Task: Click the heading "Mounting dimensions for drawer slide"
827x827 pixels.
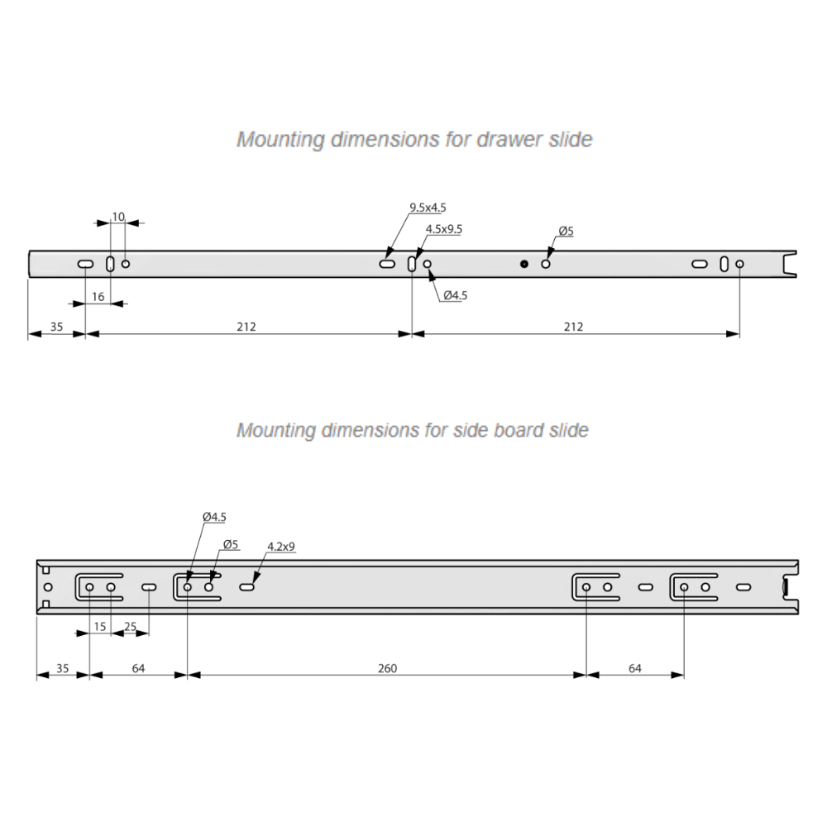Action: [x=414, y=139]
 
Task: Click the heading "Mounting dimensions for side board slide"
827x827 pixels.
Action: [x=412, y=431]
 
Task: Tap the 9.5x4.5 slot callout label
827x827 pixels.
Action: [x=433, y=208]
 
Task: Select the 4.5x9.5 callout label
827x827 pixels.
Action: [x=443, y=229]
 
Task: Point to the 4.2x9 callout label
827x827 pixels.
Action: [x=282, y=547]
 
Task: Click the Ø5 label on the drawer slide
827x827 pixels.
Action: [x=566, y=231]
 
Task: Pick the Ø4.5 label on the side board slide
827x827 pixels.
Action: [x=214, y=517]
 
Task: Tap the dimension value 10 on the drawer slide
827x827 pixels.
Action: [x=118, y=217]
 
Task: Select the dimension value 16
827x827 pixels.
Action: [x=98, y=296]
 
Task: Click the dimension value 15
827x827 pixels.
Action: [x=100, y=627]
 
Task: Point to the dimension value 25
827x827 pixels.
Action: [x=130, y=627]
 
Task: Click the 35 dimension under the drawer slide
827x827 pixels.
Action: [x=56, y=327]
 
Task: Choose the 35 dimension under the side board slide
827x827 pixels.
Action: [x=62, y=668]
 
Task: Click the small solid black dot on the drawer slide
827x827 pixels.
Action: [x=524, y=264]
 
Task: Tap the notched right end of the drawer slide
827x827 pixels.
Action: [x=790, y=263]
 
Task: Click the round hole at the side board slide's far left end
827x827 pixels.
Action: [x=47, y=587]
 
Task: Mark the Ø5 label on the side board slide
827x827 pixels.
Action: [x=231, y=544]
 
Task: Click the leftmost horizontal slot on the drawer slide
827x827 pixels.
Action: [x=85, y=264]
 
